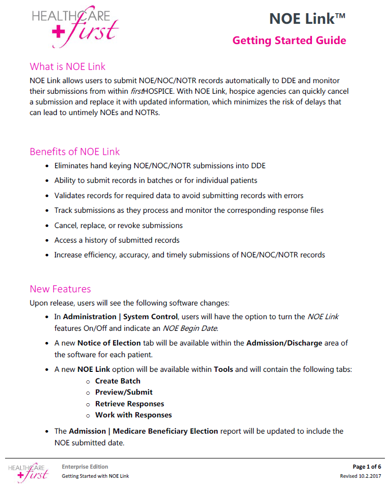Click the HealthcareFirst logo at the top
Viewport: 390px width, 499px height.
75,26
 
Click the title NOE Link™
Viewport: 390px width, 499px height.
307,19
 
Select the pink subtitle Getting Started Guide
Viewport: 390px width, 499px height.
289,41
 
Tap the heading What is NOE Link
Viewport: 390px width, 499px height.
67,66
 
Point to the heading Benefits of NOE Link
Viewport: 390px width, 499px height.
75,151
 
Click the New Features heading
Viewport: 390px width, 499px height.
60,289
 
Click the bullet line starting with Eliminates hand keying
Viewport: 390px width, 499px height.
160,166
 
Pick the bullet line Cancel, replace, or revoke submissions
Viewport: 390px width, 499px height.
118,225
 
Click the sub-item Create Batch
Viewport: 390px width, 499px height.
118,381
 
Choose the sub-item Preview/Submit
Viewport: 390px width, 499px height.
124,392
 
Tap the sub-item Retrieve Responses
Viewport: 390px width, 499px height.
129,404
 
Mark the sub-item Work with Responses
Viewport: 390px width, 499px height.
133,415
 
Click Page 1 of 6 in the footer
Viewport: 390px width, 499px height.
367,467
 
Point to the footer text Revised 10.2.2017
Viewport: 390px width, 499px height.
360,476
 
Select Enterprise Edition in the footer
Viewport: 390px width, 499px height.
85,467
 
